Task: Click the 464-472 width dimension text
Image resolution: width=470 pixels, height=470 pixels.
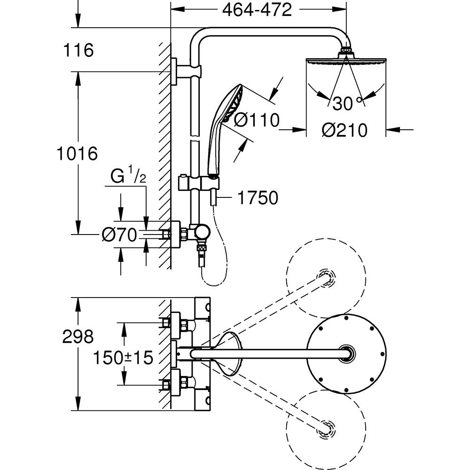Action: coord(257,10)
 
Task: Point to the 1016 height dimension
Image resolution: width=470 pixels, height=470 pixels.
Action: coord(76,153)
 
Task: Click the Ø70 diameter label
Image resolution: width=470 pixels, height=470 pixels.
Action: coord(119,234)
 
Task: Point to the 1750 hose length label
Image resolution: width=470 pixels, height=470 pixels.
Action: coord(257,198)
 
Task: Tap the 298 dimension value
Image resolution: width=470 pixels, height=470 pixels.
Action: coord(78,336)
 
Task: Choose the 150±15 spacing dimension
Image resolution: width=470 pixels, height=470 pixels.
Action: coord(123,358)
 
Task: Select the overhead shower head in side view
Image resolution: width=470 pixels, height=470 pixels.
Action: coord(346,60)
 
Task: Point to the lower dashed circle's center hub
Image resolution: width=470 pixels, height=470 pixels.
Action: coord(325,429)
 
